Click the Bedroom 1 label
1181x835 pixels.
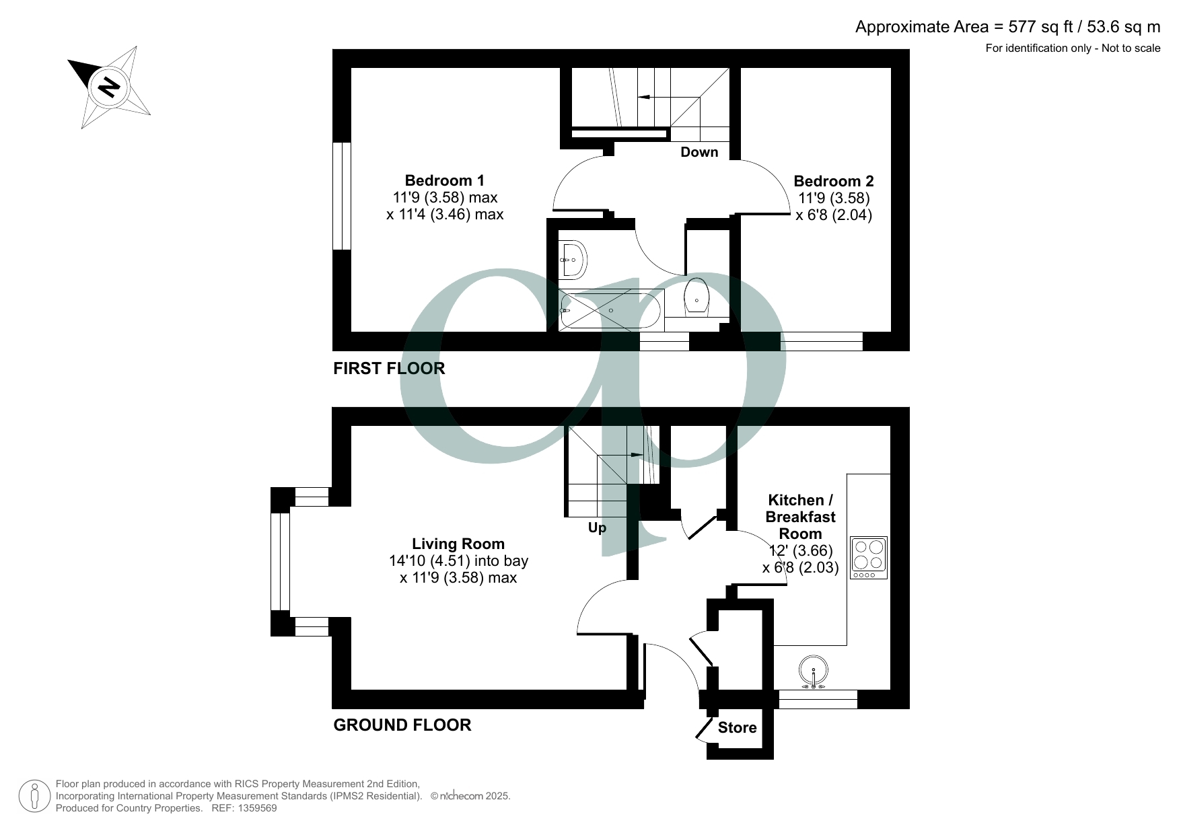tap(444, 180)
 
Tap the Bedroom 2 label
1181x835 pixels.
tap(833, 181)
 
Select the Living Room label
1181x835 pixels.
tap(458, 544)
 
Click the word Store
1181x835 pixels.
tap(737, 727)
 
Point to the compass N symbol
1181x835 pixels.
tap(108, 87)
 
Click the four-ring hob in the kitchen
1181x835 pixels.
tap(868, 557)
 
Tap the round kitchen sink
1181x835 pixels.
tap(814, 672)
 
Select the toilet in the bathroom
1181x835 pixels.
tap(696, 297)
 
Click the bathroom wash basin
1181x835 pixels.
tap(573, 259)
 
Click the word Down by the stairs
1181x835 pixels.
tap(699, 152)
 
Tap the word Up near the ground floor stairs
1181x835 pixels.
tap(597, 528)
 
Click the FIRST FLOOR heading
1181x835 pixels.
tap(389, 368)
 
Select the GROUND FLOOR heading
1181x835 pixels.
tap(402, 725)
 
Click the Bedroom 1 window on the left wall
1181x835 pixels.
tap(343, 196)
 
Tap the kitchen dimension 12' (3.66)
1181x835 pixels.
tap(801, 550)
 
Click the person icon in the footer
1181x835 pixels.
tap(34, 796)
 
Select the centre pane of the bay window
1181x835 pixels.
tap(280, 562)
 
